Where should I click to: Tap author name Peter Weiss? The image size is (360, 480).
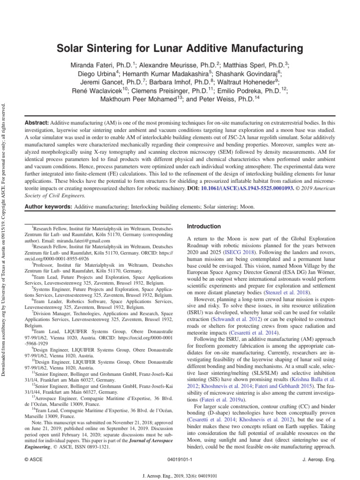[x=225, y=99]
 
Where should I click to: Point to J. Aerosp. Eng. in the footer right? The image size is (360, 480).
[x=320, y=460]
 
